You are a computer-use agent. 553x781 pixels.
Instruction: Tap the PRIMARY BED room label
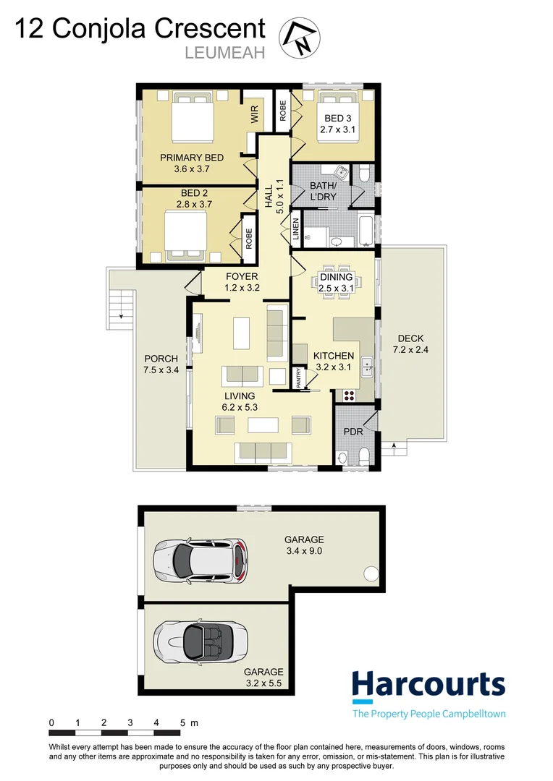(x=192, y=158)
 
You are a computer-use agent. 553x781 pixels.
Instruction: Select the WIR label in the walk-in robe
(x=255, y=115)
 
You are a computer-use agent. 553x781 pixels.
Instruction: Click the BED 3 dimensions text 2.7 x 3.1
(x=338, y=130)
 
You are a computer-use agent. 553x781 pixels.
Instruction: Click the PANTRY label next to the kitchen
(x=298, y=380)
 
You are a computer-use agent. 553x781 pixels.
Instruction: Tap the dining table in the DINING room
(x=336, y=278)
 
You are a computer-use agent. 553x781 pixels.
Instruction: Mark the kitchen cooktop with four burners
(x=350, y=396)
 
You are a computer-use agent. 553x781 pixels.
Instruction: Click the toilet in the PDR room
(x=364, y=454)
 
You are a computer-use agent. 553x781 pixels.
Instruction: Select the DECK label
(x=410, y=338)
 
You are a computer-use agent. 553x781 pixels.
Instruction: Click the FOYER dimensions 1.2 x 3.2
(x=242, y=288)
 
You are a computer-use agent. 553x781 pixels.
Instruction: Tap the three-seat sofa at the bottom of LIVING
(x=263, y=451)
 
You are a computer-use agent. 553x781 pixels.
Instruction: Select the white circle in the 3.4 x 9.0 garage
(x=371, y=575)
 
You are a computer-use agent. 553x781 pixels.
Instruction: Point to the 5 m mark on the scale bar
(x=183, y=722)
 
